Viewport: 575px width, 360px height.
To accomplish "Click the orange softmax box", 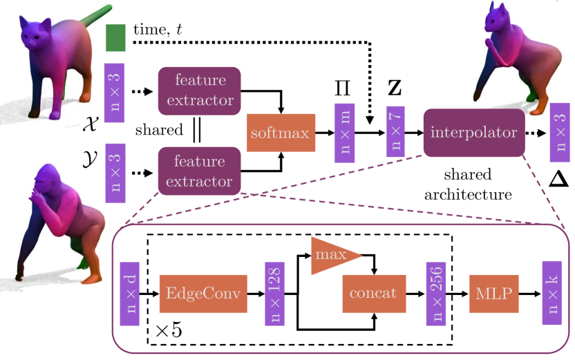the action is click(281, 133).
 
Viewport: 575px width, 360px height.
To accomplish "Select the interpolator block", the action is click(474, 133).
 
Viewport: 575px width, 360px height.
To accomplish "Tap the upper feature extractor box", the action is click(200, 91).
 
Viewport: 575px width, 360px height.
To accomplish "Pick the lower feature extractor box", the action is click(200, 171).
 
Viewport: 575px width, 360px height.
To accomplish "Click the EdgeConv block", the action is click(203, 294).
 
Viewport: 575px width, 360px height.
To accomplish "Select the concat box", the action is click(374, 294).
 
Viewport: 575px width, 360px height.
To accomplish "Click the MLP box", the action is click(494, 294).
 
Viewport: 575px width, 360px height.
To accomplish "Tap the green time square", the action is click(115, 38).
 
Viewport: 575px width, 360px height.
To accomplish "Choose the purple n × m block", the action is click(344, 133).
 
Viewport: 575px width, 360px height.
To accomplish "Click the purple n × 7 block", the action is click(395, 131).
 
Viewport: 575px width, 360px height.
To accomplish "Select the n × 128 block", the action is click(274, 294).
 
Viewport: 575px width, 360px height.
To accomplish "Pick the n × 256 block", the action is click(436, 294).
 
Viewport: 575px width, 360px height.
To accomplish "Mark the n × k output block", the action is click(552, 293).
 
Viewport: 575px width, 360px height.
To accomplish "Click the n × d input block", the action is click(130, 294).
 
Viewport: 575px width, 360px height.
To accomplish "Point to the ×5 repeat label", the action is click(169, 330).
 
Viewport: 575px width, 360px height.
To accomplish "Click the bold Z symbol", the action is click(395, 88).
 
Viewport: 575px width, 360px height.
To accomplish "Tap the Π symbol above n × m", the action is click(343, 88).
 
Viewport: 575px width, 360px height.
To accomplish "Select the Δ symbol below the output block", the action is click(559, 179).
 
